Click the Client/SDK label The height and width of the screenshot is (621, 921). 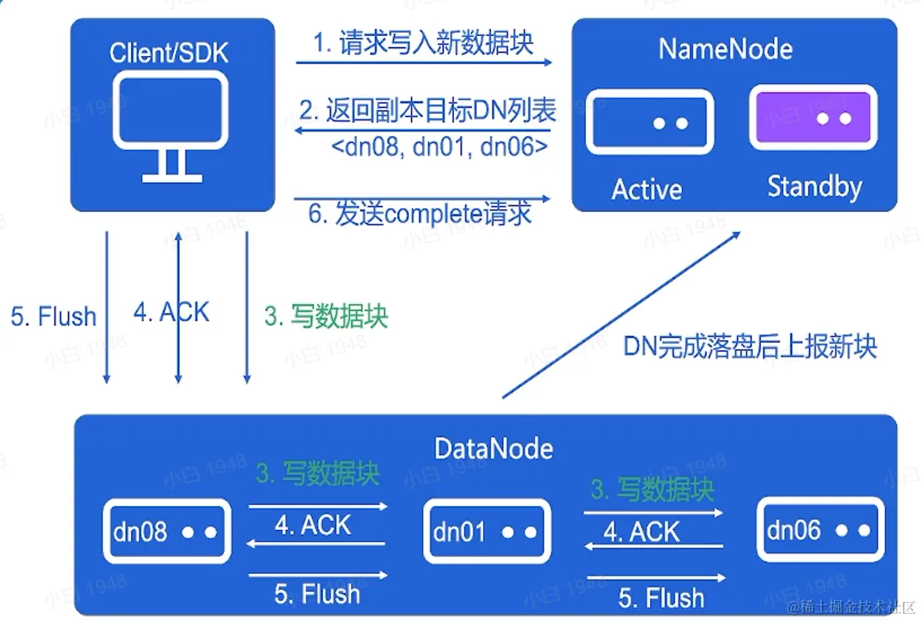click(169, 54)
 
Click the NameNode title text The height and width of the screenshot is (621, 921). click(725, 50)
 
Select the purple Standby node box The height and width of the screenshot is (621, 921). click(812, 117)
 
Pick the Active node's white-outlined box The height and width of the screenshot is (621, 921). click(649, 122)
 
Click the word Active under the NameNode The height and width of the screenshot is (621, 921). click(647, 189)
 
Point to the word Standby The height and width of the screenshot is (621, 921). click(814, 187)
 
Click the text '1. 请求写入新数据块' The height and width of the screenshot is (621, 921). click(423, 42)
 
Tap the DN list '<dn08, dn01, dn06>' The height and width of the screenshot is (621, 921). click(439, 147)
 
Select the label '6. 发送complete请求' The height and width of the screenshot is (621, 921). click(421, 214)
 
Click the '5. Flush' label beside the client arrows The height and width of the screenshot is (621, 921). click(54, 316)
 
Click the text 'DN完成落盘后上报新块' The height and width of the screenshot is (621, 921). click(750, 346)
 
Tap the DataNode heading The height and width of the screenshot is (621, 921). click(493, 448)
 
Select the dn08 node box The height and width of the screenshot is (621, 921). click(166, 531)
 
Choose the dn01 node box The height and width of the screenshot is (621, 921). click(486, 531)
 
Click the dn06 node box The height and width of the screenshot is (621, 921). click(819, 529)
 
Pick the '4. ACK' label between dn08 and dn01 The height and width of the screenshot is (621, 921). click(313, 525)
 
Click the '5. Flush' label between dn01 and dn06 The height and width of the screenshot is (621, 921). click(661, 598)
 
